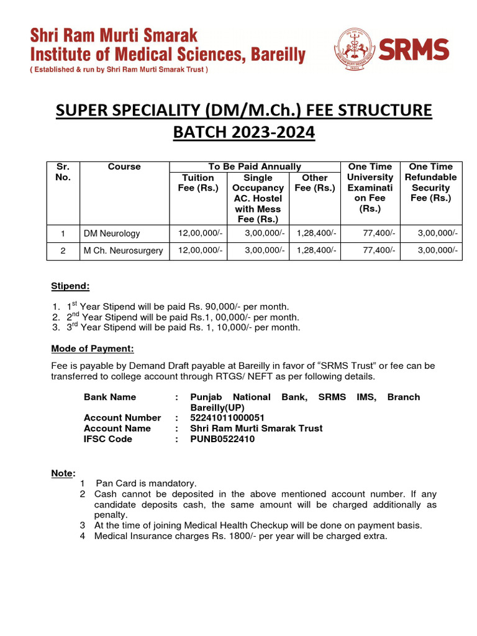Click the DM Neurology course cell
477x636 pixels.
pyautogui.click(x=112, y=234)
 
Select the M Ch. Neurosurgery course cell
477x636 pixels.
pyautogui.click(x=124, y=250)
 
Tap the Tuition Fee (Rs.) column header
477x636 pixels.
pyautogui.click(x=198, y=182)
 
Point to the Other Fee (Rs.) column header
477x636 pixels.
pyautogui.click(x=314, y=182)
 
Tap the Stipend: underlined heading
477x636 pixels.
pyautogui.click(x=70, y=286)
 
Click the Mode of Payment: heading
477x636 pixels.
pyautogui.click(x=92, y=348)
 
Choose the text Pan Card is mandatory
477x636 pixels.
pyautogui.click(x=147, y=483)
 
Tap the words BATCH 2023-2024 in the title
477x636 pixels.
pyautogui.click(x=238, y=132)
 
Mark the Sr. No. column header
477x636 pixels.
pyautogui.click(x=63, y=171)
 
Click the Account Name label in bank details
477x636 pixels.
pyautogui.click(x=117, y=428)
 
